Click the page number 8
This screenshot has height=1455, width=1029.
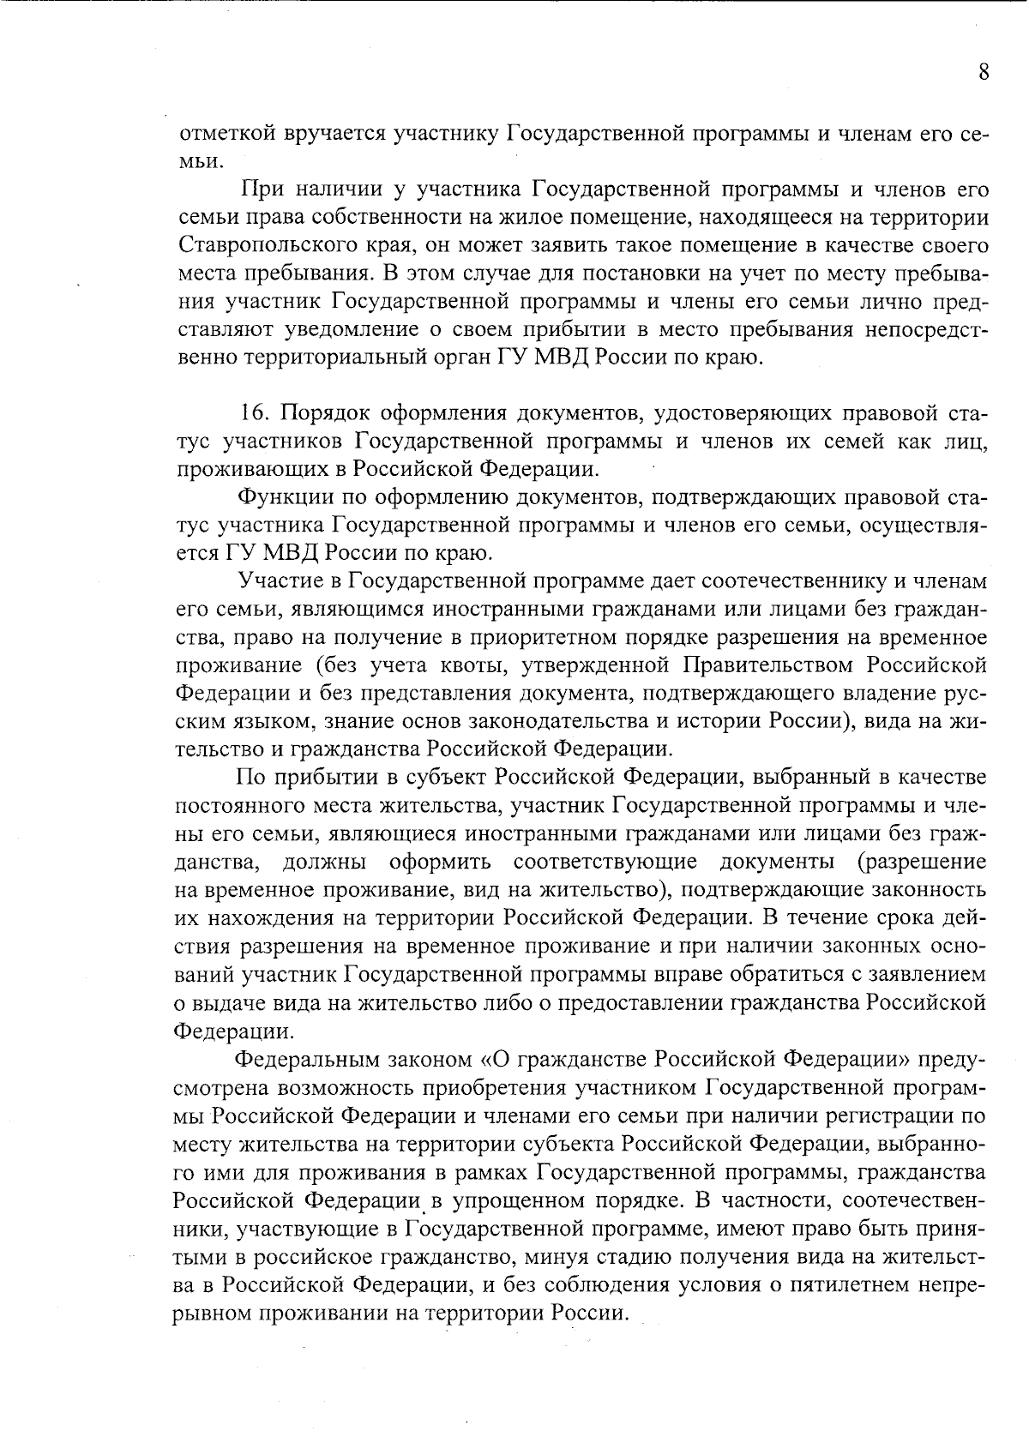click(x=984, y=72)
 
